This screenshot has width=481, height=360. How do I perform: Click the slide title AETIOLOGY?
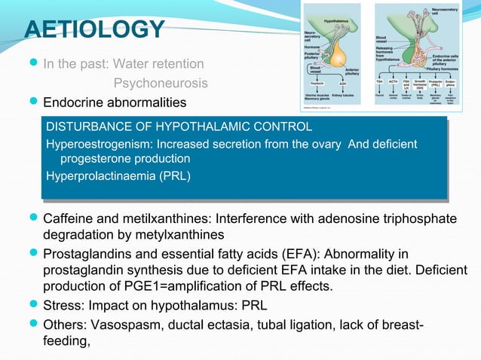tap(94, 29)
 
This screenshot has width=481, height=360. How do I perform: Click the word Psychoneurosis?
tap(161, 82)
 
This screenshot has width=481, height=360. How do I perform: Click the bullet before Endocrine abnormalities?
tap(32, 102)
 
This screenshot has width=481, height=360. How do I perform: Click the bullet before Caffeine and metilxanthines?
tap(32, 219)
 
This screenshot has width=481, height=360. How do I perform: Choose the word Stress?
tap(61, 306)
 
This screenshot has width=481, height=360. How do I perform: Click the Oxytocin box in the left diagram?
tap(317, 84)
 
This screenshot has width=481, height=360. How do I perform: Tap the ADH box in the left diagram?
tap(342, 84)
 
